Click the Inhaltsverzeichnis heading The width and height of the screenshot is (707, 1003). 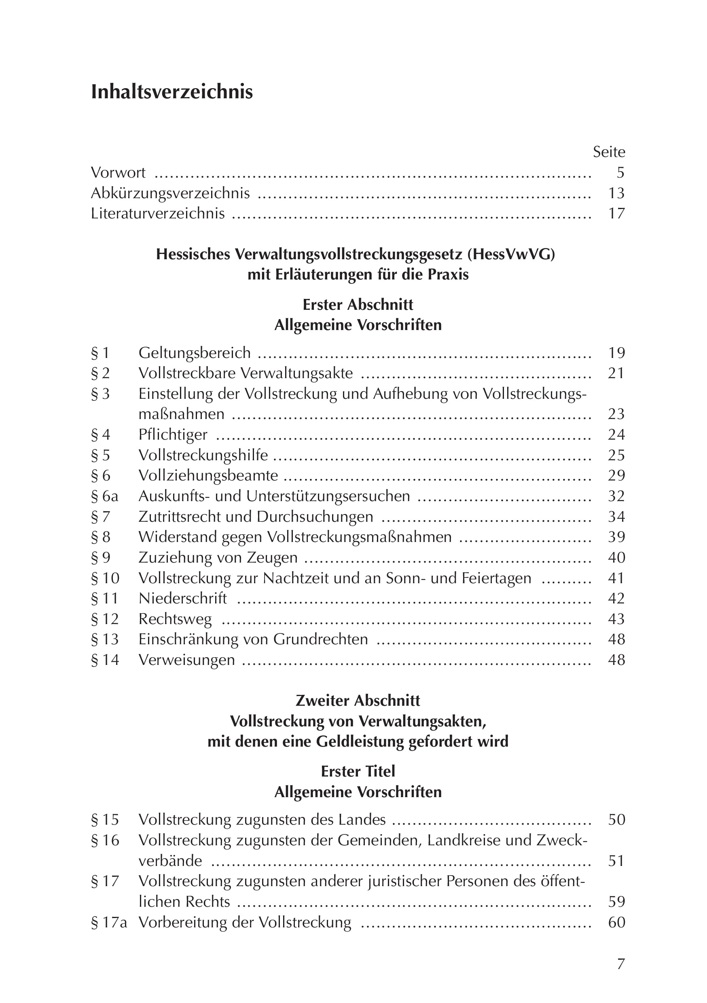pyautogui.click(x=172, y=92)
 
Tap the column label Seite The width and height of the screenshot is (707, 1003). pyautogui.click(x=609, y=152)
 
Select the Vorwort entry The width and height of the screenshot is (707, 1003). pyautogui.click(x=118, y=173)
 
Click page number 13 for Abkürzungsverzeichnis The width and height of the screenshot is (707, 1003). pyautogui.click(x=616, y=193)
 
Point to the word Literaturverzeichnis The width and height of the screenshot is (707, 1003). pyautogui.click(x=158, y=213)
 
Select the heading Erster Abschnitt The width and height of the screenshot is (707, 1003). pyautogui.click(x=358, y=305)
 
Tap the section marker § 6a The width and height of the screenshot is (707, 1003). pyautogui.click(x=104, y=496)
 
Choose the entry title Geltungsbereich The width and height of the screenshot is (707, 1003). pyautogui.click(x=195, y=353)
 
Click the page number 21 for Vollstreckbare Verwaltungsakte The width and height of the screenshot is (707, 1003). pyautogui.click(x=616, y=373)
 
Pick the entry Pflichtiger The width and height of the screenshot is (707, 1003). pyautogui.click(x=173, y=435)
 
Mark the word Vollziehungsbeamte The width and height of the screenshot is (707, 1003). pyautogui.click(x=208, y=475)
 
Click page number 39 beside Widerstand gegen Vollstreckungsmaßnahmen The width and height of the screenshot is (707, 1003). pyautogui.click(x=616, y=537)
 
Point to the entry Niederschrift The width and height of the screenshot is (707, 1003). pyautogui.click(x=183, y=598)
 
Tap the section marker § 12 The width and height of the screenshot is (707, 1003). pyautogui.click(x=105, y=618)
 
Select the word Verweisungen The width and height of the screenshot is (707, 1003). pyautogui.click(x=186, y=660)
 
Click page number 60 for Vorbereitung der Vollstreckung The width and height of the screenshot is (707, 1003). pyautogui.click(x=616, y=923)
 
